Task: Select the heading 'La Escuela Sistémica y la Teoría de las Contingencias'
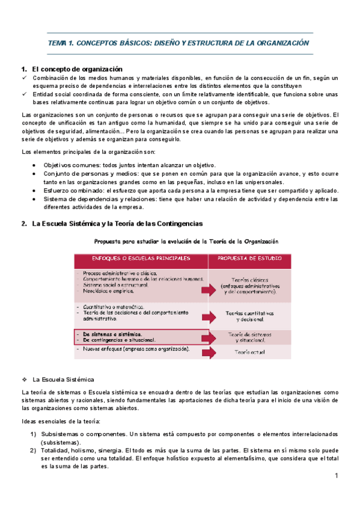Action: tap(117, 224)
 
